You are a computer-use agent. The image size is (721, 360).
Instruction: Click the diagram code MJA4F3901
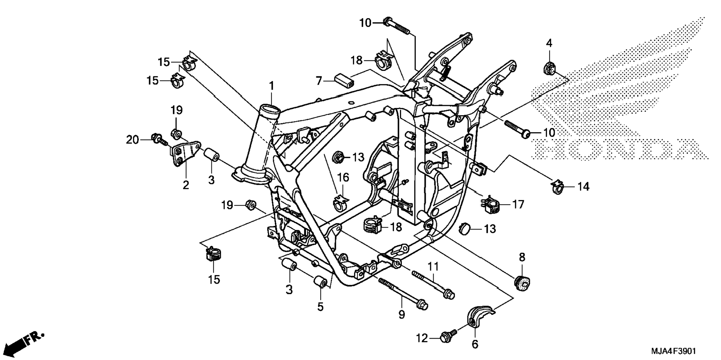coord(673,351)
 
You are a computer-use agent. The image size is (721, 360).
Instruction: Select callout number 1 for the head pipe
coord(272,86)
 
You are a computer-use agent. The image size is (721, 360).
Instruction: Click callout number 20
coord(132,140)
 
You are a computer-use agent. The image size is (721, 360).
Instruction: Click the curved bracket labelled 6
coord(479,316)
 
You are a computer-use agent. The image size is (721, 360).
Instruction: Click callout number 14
coord(583,186)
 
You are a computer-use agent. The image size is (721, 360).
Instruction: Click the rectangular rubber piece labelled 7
coord(344,80)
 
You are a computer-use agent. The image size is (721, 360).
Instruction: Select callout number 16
coord(343,177)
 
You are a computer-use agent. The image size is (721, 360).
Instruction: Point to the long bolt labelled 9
coord(403,293)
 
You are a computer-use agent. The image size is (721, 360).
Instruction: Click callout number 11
coord(433,266)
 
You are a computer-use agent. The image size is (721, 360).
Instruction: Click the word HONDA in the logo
coord(620,149)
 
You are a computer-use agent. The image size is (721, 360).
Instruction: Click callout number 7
coord(319,80)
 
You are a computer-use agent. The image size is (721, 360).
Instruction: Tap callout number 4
coord(549,43)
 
